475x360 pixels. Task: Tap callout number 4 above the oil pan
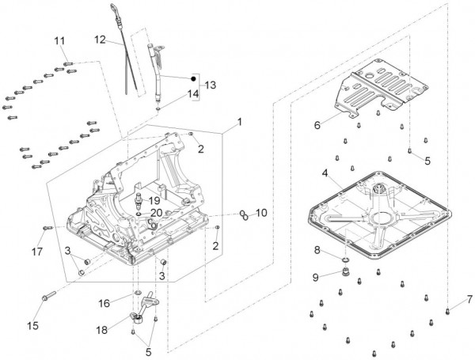click(x=325, y=172)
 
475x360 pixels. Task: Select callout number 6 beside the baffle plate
click(x=317, y=125)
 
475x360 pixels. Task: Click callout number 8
click(x=317, y=250)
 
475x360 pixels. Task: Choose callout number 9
click(x=317, y=277)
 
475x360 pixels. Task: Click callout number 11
click(x=60, y=41)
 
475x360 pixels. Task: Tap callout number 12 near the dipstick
click(x=100, y=39)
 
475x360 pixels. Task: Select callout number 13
click(x=210, y=85)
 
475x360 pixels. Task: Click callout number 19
click(x=154, y=201)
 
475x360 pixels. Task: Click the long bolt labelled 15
click(x=47, y=298)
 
